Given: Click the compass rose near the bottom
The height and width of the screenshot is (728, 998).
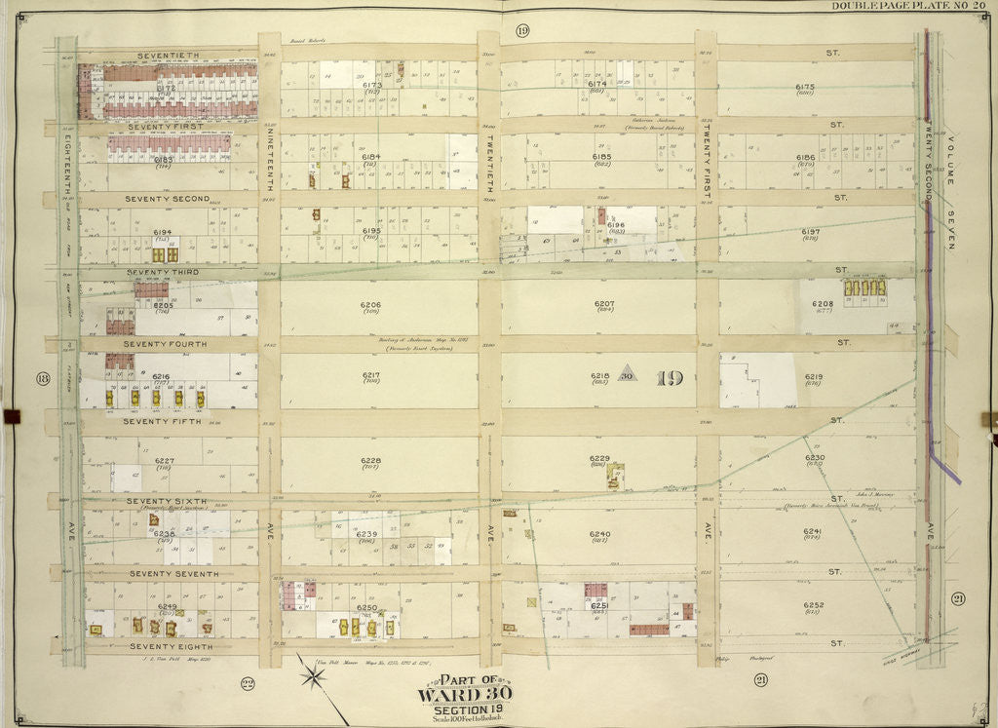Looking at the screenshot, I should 313,675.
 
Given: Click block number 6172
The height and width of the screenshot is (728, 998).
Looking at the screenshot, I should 166,88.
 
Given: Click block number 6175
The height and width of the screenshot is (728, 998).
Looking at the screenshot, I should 804,87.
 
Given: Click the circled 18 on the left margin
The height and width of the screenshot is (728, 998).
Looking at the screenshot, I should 42,378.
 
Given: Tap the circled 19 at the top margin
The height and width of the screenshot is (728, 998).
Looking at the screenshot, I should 522,31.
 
